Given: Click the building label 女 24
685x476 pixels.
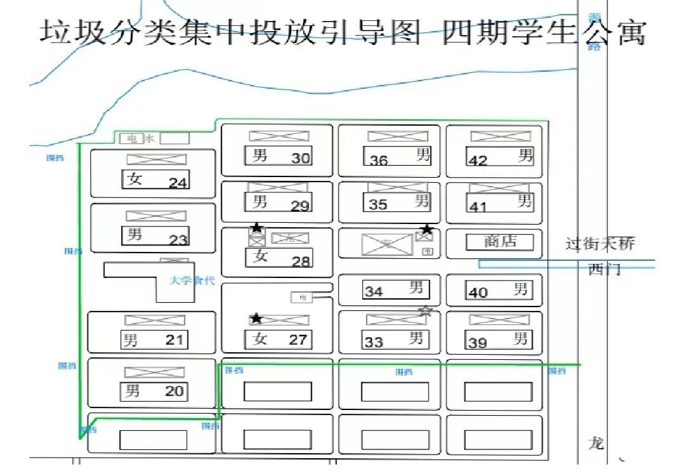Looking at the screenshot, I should pos(156,180).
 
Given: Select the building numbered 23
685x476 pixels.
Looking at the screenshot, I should pos(156,236).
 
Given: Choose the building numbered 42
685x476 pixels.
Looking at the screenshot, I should pos(500,157).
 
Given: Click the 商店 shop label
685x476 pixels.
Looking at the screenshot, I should pos(500,242).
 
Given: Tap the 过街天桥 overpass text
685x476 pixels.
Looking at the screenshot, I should pos(599,244).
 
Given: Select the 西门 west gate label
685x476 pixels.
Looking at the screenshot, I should pos(604,270).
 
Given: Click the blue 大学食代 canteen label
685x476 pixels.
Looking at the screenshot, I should pos(192,281).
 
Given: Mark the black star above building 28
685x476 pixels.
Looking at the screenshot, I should pos(256,227).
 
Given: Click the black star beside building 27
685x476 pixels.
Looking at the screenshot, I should pos(256,318).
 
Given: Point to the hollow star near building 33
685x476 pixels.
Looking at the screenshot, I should pos(426,311).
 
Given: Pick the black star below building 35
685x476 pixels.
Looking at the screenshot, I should pos(427,229).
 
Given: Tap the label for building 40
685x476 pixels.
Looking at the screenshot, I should pos(499,291).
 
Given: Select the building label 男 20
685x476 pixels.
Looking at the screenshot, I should pos(154,391).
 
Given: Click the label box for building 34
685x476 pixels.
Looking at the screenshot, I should pos(396,289).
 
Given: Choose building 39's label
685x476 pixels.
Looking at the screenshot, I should pos(498,340).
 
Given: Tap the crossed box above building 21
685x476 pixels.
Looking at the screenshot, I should pos(155,320).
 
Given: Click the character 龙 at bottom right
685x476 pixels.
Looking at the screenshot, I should pos(596,443).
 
